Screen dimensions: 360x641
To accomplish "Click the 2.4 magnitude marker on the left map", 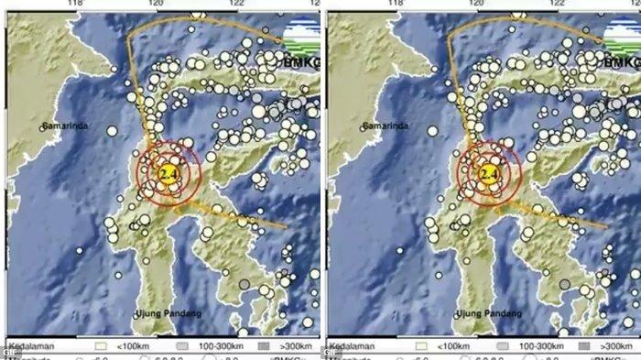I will pos(168,173).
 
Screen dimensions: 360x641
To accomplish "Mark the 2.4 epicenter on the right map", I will pos(489,173).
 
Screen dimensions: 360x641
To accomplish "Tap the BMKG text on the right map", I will pos(621,62).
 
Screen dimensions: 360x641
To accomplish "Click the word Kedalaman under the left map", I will pos(30,347).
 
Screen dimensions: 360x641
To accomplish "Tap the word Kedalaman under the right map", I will pos(352,347).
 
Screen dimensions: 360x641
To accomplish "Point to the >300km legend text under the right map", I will pos(613,347).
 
